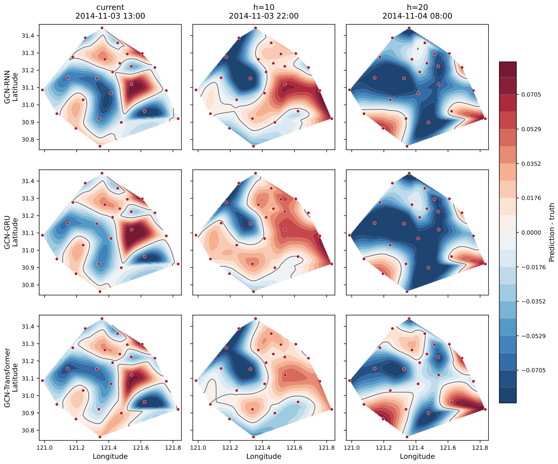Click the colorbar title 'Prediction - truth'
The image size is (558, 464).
tap(552, 232)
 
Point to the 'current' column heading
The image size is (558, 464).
tap(110, 7)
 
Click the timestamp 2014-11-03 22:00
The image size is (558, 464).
tap(263, 16)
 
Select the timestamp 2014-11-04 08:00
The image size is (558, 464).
tap(417, 16)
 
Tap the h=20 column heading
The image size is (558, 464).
tap(417, 7)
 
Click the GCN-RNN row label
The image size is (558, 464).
tap(7, 87)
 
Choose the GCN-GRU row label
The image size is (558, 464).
tap(7, 232)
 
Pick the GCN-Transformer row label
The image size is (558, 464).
tap(7, 377)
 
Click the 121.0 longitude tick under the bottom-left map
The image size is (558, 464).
tap(45, 448)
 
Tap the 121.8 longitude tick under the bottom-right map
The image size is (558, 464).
tap(480, 448)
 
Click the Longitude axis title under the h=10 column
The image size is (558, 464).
tap(263, 457)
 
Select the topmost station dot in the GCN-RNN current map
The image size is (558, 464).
tap(102, 28)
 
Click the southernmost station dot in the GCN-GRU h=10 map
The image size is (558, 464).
tap(253, 292)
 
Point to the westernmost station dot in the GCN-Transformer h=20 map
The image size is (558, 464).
tap(350, 380)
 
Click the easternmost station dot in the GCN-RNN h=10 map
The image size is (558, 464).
tap(332, 119)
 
